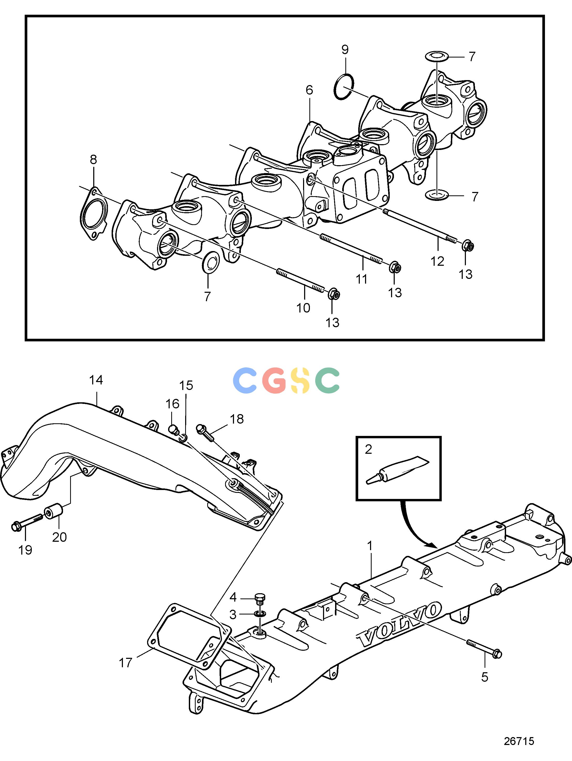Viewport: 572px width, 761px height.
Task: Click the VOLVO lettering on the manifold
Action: (x=399, y=623)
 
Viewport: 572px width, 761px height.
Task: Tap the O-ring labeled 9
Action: (x=344, y=87)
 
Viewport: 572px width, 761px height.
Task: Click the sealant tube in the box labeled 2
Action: (x=398, y=470)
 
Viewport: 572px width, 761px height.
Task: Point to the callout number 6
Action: (x=309, y=90)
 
